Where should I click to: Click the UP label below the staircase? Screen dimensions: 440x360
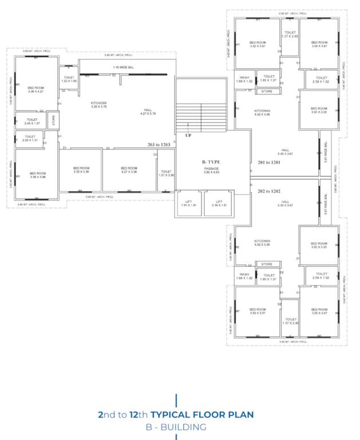pos(188,136)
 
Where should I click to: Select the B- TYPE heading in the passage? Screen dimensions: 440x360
pos(211,162)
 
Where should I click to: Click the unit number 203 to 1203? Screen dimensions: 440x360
pos(159,146)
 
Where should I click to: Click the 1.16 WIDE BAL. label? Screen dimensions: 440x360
pos(124,68)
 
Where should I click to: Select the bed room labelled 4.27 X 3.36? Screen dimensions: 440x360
pos(129,170)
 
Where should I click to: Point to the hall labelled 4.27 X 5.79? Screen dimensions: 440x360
pos(148,112)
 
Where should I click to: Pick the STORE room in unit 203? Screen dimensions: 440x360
pos(53,120)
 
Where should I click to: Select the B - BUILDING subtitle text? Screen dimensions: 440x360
pos(176,427)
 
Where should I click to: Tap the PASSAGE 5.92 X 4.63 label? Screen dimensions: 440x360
pos(211,170)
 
